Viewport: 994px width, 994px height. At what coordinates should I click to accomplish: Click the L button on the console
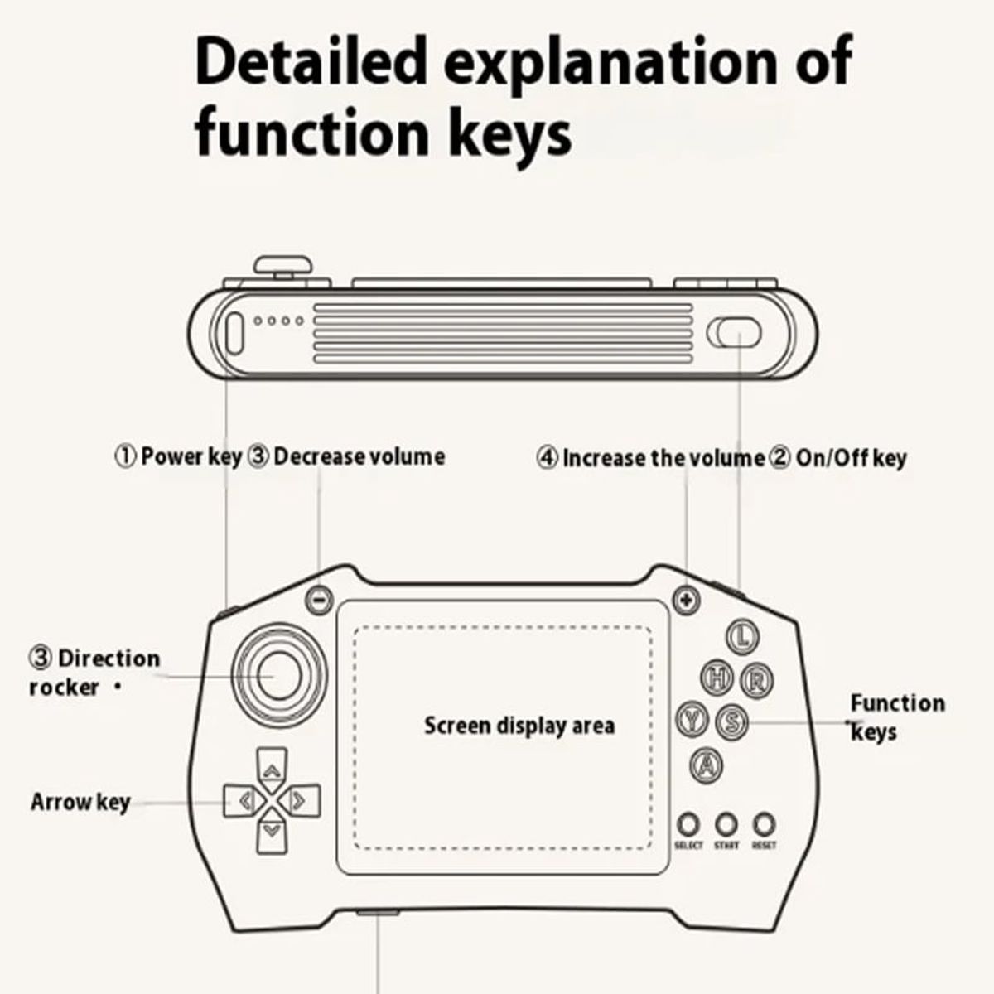point(743,636)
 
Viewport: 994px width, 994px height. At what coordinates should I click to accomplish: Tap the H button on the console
point(717,678)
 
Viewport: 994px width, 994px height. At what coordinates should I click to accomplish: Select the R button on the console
point(757,681)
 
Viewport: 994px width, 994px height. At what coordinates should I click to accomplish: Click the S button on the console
point(732,721)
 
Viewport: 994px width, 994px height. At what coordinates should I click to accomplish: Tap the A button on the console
point(707,765)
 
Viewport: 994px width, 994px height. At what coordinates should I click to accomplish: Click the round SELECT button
point(688,824)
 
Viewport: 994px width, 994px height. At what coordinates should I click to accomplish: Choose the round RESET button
point(764,824)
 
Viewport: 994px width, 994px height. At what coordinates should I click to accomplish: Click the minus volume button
point(319,600)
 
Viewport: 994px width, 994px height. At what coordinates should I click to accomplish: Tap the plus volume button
point(687,600)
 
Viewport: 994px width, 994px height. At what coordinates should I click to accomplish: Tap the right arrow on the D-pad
point(300,800)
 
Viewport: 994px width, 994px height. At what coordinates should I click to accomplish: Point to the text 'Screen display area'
point(519,726)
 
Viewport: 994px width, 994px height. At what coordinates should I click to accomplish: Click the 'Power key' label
point(191,457)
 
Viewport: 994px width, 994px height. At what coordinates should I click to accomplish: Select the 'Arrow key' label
point(80,803)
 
